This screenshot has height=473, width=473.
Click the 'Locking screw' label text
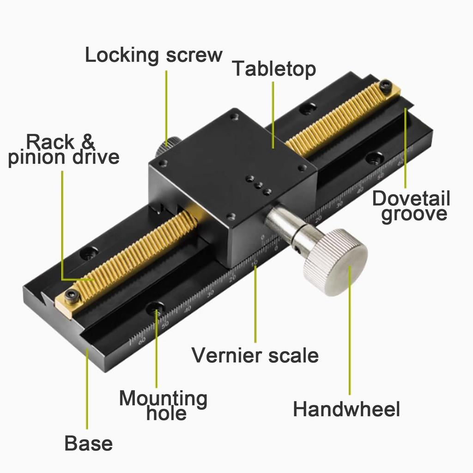pyautogui.click(x=153, y=55)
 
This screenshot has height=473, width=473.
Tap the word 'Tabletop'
pyautogui.click(x=274, y=69)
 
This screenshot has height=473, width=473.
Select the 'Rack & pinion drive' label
pyautogui.click(x=63, y=149)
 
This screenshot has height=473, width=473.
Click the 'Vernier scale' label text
pyautogui.click(x=255, y=355)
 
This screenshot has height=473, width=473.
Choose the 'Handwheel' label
pyautogui.click(x=346, y=409)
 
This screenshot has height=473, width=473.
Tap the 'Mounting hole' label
pyautogui.click(x=163, y=405)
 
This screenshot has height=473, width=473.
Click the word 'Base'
pyautogui.click(x=88, y=443)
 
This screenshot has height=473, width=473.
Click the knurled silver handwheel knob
pyautogui.click(x=336, y=262)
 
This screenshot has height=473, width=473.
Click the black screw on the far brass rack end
pyautogui.click(x=385, y=85)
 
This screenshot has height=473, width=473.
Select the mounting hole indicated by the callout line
pyautogui.click(x=155, y=308)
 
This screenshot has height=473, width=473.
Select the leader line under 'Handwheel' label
pyautogui.click(x=350, y=333)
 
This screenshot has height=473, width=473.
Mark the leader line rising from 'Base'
pyautogui.click(x=87, y=393)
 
